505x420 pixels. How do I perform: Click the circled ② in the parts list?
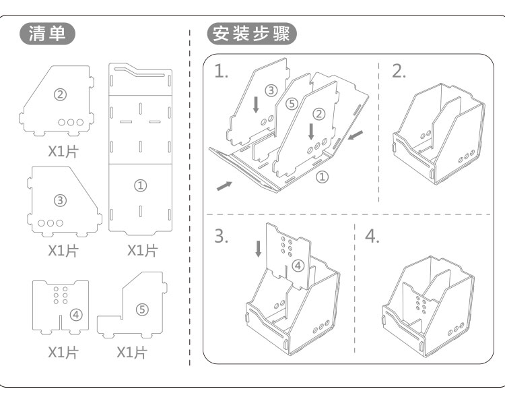[x=60, y=95]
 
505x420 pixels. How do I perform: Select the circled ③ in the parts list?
[x=60, y=200]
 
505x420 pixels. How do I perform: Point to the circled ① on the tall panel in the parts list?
[x=141, y=185]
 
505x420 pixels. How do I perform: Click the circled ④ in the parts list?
[x=76, y=313]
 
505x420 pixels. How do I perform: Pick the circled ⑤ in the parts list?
[x=141, y=309]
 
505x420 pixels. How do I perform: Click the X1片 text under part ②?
[x=63, y=151]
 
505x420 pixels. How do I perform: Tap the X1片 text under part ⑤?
[x=132, y=353]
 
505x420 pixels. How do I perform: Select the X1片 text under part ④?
[x=63, y=353]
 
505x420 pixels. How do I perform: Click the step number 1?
[x=221, y=71]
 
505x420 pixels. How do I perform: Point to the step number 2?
[x=399, y=71]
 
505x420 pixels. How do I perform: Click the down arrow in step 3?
[x=259, y=249]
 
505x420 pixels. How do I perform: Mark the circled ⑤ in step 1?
[x=291, y=104]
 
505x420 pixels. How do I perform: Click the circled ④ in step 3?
[x=299, y=266]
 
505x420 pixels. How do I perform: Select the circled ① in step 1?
[x=322, y=177]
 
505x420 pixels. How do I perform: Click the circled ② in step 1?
[x=319, y=113]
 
